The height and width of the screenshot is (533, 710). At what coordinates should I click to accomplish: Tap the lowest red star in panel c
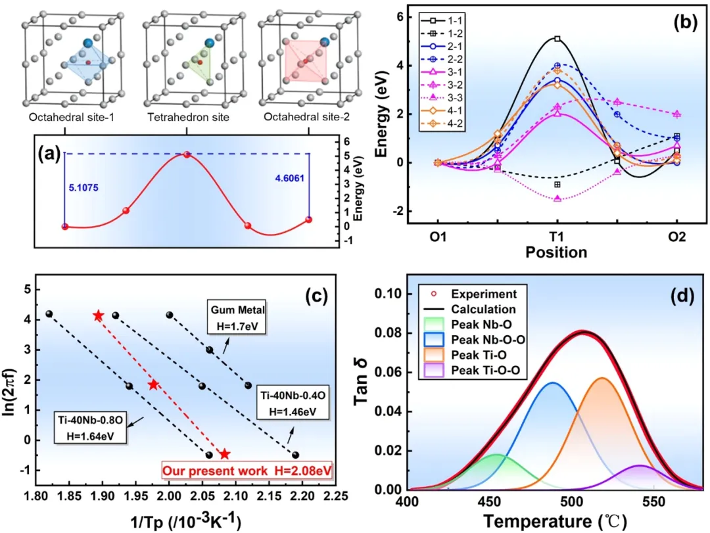point(224,454)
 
